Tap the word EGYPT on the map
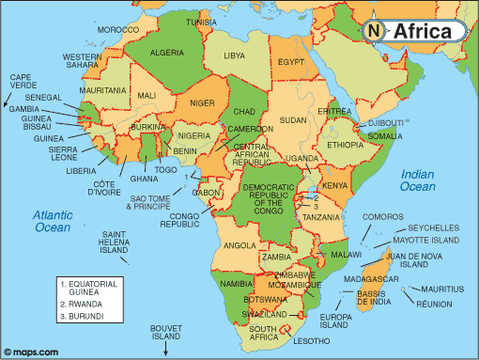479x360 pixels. tap(292, 62)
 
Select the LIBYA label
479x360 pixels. tap(234, 55)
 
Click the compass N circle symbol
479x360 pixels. tap(374, 31)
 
